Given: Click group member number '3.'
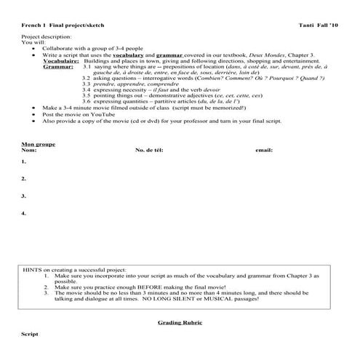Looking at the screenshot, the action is tap(24, 196).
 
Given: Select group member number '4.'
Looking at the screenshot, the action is tap(24, 213).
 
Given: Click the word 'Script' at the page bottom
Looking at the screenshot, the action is tap(29, 332).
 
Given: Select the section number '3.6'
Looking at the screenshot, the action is tap(87, 100).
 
